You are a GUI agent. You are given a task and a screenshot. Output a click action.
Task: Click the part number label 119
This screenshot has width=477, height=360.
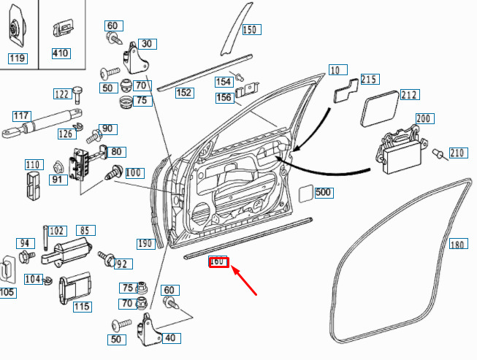coord(18,58)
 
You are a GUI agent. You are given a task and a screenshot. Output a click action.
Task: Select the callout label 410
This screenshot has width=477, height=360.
coord(61,53)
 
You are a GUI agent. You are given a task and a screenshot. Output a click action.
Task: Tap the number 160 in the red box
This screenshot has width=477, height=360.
coord(218,262)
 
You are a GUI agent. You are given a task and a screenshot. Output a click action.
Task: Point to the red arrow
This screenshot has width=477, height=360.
coord(244,280)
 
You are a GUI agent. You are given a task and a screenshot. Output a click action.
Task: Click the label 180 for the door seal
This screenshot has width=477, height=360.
coord(459,244)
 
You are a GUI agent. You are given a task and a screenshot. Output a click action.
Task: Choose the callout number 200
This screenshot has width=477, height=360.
coord(425,118)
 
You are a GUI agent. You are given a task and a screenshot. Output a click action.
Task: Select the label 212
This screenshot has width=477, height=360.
coord(410,94)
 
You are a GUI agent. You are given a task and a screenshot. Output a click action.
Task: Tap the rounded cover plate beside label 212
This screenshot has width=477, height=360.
coord(380,109)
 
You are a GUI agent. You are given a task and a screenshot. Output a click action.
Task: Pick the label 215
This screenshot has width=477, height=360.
coord(370,80)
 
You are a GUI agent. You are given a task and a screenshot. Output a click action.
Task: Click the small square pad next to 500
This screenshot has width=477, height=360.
coord(306,194)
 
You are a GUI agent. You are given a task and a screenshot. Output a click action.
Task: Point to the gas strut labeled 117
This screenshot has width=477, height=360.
coord(42,123)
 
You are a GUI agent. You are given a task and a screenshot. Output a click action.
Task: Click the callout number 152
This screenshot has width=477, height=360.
coord(185,93)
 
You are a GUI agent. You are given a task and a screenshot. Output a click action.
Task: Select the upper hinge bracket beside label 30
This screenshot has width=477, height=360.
coord(135,58)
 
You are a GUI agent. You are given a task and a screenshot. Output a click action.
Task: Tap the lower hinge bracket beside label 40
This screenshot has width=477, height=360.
coord(149,330)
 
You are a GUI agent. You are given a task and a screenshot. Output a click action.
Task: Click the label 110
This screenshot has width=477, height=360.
coord(34,165)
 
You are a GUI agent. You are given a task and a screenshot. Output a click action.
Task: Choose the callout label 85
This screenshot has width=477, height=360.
coord(85,231)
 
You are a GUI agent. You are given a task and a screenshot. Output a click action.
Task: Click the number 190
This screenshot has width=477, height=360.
coord(146,244)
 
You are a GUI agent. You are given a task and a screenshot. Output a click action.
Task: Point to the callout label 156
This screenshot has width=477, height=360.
coord(225,98)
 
